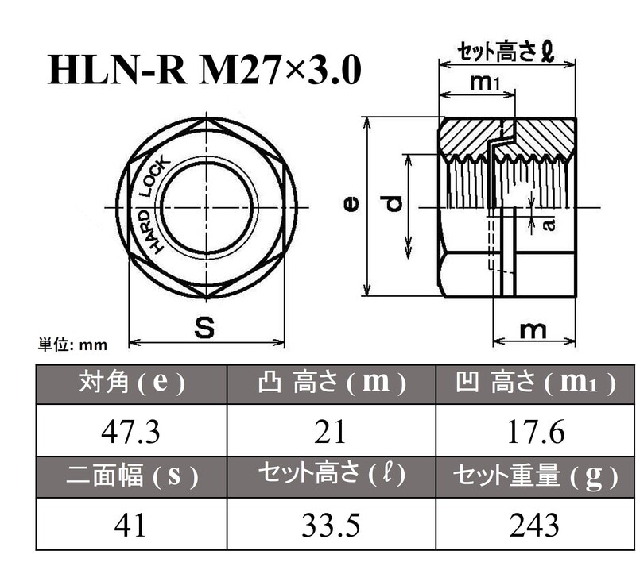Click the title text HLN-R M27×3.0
(204, 71)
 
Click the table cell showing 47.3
(130, 433)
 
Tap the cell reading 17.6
(535, 433)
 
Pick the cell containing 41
(130, 525)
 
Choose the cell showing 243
(535, 525)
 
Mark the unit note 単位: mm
(72, 345)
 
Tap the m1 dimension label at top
(484, 82)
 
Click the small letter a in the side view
(549, 225)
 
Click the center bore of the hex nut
(207, 206)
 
